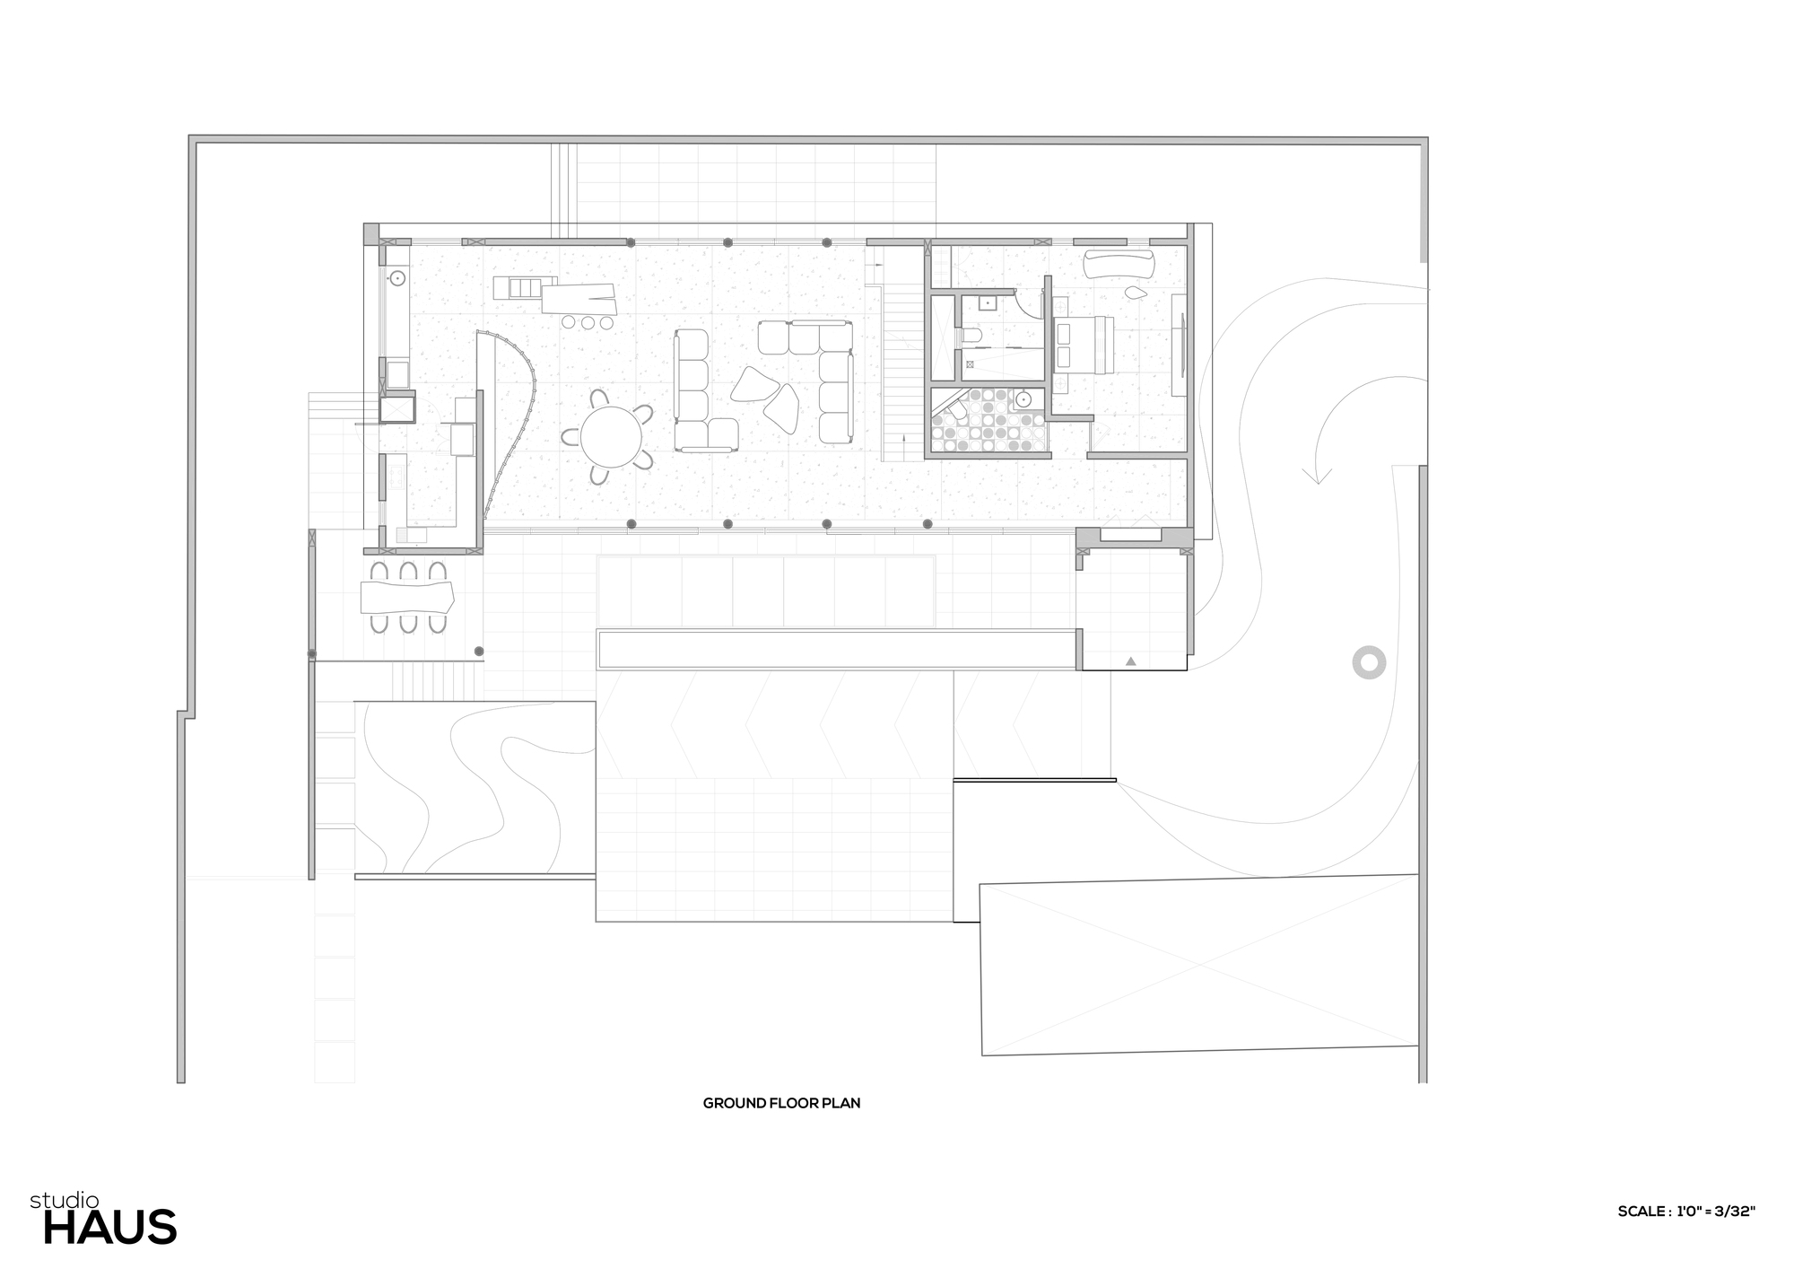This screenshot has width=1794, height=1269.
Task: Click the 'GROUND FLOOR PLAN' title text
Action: click(x=781, y=1103)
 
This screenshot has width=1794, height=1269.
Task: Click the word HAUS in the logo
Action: click(x=109, y=1228)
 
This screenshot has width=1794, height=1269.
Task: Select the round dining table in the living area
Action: click(x=611, y=437)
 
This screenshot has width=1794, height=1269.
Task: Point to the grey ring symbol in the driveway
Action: click(x=1369, y=662)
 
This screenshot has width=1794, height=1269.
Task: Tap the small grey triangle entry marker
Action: click(x=1131, y=661)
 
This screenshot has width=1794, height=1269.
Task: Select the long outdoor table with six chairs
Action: click(x=407, y=596)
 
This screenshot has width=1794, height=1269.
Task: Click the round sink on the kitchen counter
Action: click(x=396, y=279)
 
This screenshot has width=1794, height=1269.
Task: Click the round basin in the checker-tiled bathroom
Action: click(x=1023, y=399)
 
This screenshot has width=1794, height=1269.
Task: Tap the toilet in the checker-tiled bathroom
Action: click(x=956, y=412)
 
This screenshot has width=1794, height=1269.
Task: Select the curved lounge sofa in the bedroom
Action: click(x=1119, y=264)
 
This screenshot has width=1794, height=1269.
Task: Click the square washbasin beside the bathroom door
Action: click(x=988, y=303)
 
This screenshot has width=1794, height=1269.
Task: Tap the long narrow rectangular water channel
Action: click(x=837, y=650)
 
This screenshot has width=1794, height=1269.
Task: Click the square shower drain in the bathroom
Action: click(x=969, y=363)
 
